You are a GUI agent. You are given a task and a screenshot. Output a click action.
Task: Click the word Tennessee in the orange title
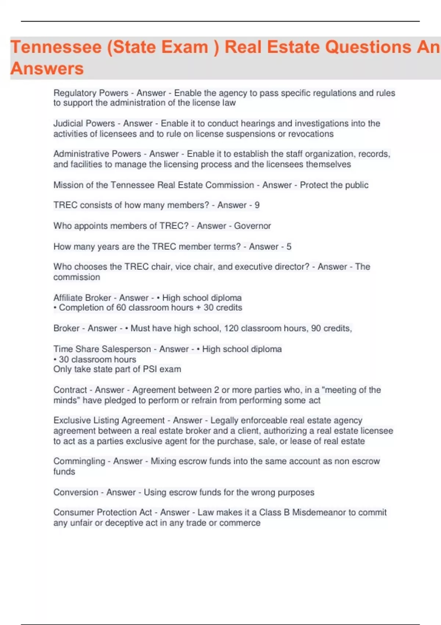[56, 47]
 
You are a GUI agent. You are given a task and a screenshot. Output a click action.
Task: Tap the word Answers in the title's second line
[47, 69]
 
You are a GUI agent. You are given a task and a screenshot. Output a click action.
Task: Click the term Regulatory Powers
[91, 93]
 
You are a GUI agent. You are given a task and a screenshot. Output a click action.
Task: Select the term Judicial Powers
[84, 124]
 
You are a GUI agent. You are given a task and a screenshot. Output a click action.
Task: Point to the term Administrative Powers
[97, 154]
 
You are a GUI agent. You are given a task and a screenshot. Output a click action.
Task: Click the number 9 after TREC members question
[257, 205]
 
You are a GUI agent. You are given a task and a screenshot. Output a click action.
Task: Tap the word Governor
[252, 226]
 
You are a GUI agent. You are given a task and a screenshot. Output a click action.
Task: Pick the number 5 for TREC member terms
[289, 247]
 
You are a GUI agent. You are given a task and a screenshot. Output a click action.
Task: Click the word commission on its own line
[76, 277]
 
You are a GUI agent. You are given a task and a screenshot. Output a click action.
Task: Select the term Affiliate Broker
[82, 298]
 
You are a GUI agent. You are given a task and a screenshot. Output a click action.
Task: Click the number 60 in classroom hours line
[121, 308]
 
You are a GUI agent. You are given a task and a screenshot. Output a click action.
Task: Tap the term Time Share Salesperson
[102, 349]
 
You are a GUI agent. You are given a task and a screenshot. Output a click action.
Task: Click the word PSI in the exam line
[150, 369]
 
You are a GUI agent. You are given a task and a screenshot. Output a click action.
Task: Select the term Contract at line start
[70, 390]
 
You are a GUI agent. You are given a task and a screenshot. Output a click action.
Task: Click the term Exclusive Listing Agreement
[109, 420]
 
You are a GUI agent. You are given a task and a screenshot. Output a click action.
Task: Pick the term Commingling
[79, 461]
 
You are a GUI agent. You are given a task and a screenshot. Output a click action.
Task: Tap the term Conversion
[76, 492]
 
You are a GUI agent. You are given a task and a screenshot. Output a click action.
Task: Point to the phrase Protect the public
[334, 185]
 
